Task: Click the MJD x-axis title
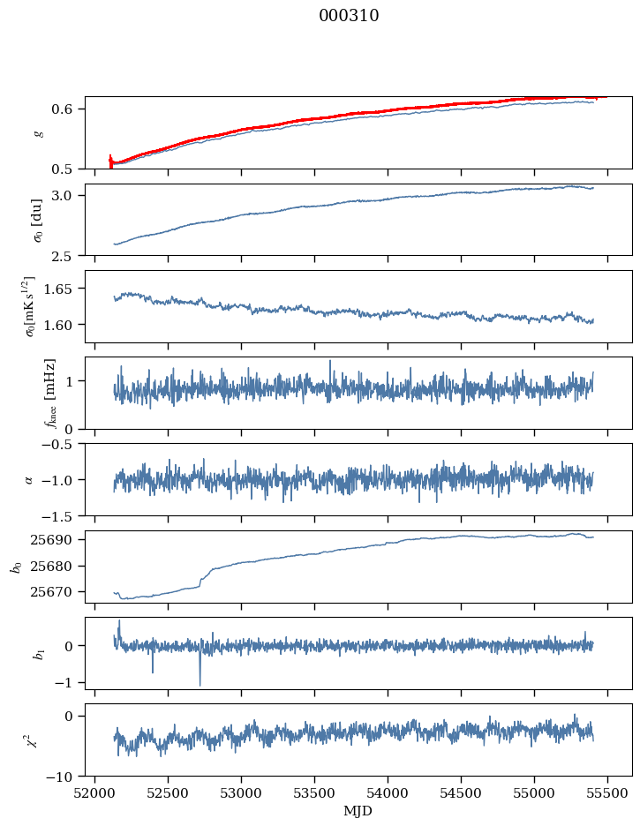pos(358,811)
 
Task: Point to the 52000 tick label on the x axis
pos(95,793)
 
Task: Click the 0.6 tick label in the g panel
pos(71,109)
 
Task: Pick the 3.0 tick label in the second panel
pos(71,195)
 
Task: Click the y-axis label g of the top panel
pos(37,132)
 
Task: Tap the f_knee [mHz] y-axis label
pos(49,393)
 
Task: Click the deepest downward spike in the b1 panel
pos(200,685)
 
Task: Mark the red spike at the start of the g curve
pos(110,161)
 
